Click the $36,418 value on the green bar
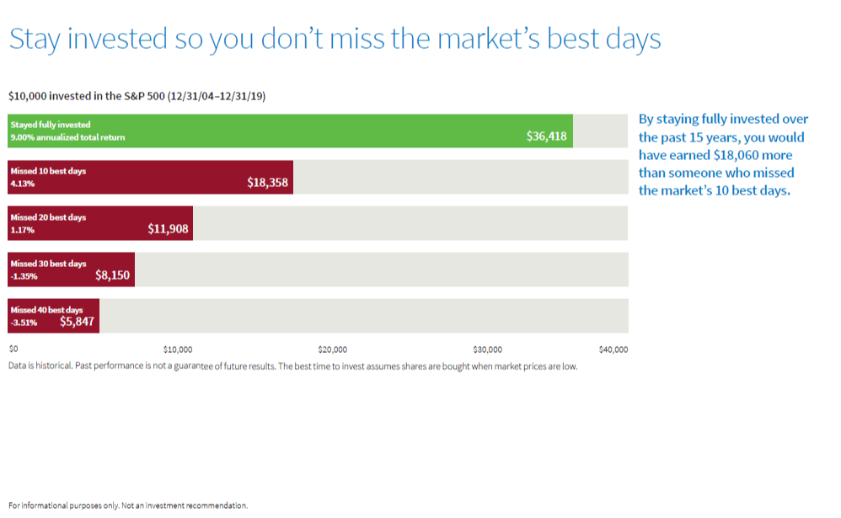(x=546, y=136)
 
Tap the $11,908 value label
(x=168, y=228)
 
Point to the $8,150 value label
(x=112, y=275)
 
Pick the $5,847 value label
(x=77, y=321)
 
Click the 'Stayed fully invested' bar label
(x=51, y=125)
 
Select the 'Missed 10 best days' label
(x=48, y=171)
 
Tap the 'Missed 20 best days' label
(x=48, y=217)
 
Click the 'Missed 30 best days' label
(x=48, y=264)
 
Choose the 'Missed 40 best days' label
(x=46, y=310)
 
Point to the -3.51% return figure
(x=24, y=322)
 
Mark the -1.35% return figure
(x=24, y=275)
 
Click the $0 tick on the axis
(x=13, y=349)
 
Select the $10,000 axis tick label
(x=178, y=349)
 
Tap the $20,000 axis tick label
(x=333, y=349)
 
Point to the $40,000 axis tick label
(x=613, y=349)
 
